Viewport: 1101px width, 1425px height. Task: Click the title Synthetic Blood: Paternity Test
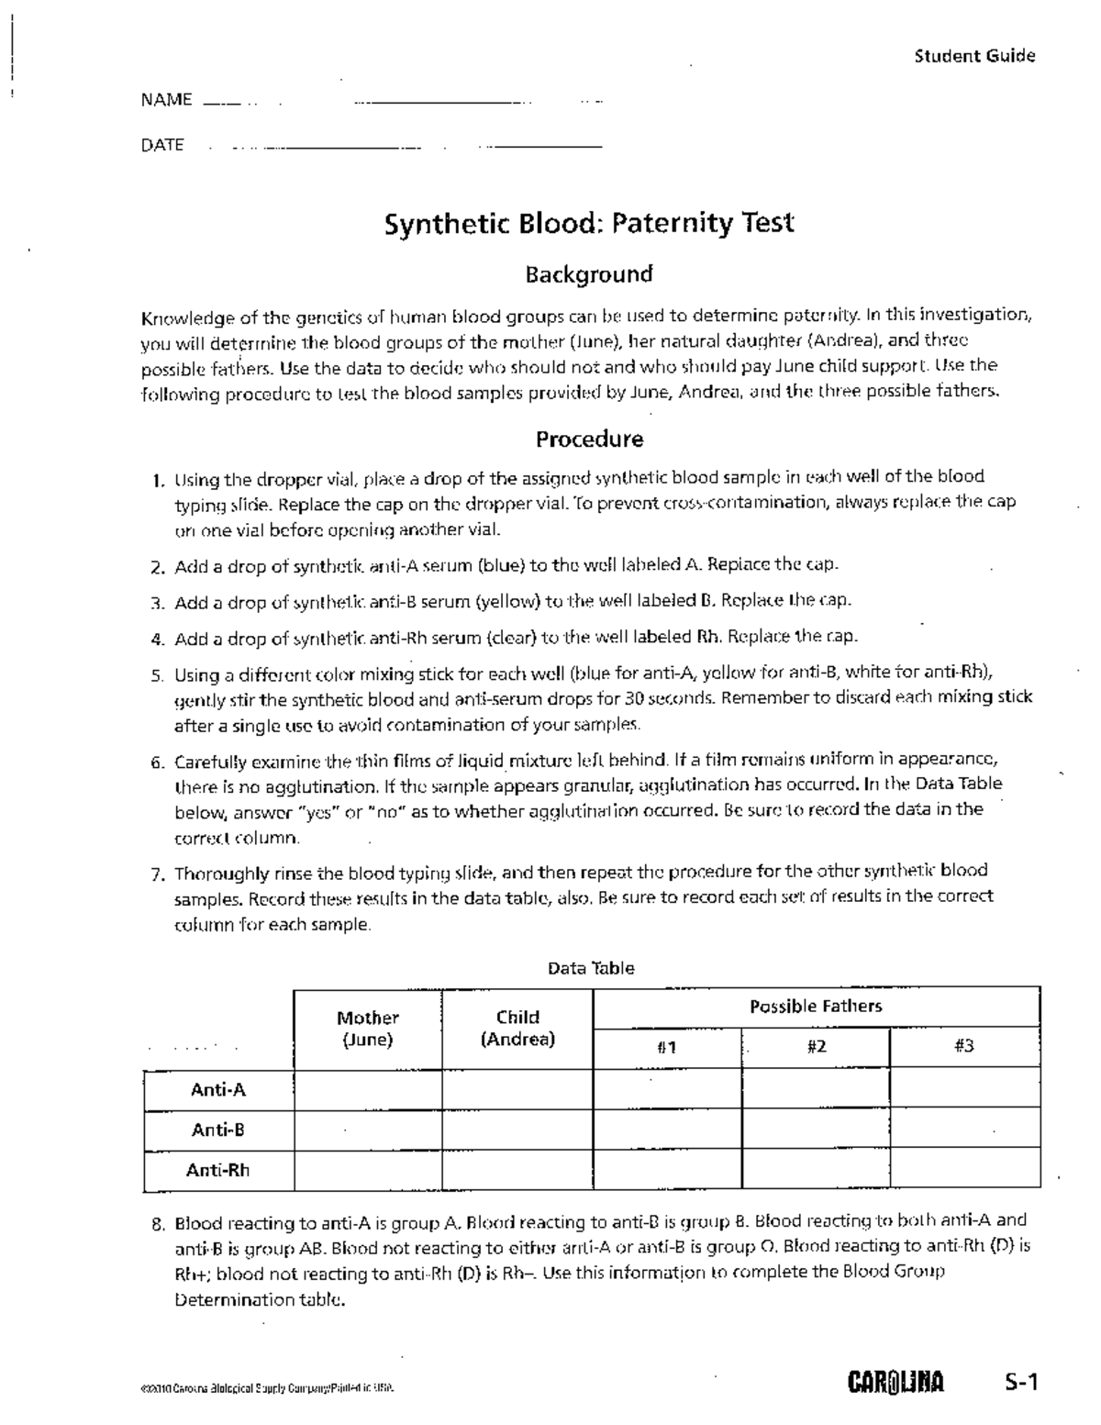coord(588,223)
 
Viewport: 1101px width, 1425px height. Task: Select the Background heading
coord(588,274)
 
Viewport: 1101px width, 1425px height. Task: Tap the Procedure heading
coord(589,440)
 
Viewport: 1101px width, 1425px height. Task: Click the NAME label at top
coord(166,100)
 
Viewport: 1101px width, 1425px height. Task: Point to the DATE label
coord(162,145)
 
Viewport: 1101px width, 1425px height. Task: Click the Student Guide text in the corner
coord(974,56)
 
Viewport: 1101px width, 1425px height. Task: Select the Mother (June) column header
coord(367,1029)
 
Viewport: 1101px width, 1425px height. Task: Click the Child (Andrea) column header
coord(517,1029)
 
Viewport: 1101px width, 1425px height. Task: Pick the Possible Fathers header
coord(816,1007)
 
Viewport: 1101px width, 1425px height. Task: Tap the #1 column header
coord(666,1047)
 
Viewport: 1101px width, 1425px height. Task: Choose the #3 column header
coord(963,1046)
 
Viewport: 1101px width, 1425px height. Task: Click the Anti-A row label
coord(218,1090)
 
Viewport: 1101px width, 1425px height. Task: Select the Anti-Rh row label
coord(218,1170)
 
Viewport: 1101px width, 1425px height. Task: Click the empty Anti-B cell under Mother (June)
coord(367,1130)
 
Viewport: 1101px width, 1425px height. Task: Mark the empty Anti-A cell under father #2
coord(815,1090)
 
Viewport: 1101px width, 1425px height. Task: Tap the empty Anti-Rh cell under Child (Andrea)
coord(517,1170)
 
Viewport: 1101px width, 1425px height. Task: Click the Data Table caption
coord(591,968)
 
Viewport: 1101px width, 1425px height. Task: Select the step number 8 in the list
coord(159,1224)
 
